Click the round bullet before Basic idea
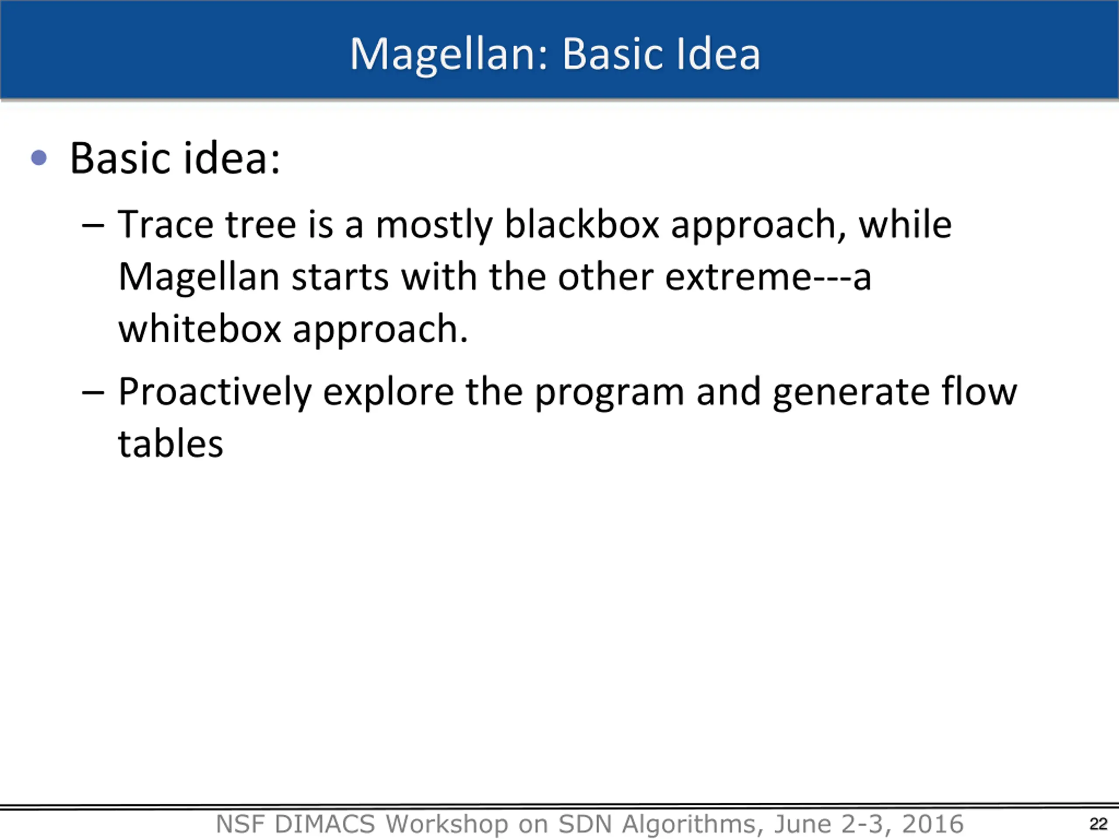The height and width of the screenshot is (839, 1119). point(39,158)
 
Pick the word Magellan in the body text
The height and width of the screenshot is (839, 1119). point(199,279)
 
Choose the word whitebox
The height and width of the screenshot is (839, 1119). point(200,328)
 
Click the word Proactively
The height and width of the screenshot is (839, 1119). point(215,393)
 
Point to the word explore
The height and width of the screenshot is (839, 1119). point(389,393)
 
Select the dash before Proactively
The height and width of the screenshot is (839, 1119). point(93,392)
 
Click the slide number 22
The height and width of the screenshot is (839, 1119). point(1098,824)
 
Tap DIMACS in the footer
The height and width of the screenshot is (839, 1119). point(324,824)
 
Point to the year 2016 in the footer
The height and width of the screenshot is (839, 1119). point(933,824)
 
